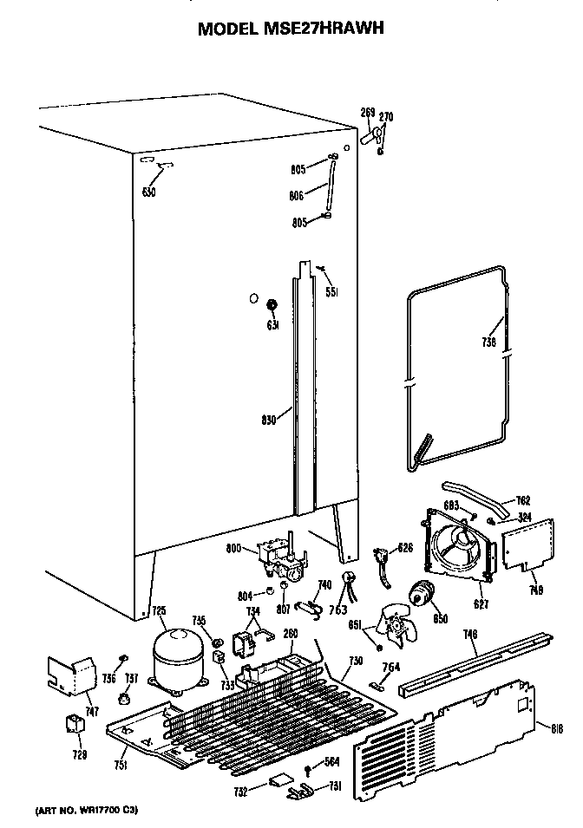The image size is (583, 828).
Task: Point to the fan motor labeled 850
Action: coord(424,595)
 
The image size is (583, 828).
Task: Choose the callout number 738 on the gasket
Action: coord(488,342)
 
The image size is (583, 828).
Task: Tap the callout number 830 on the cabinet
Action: coord(269,420)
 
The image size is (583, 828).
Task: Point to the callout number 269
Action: coord(367,113)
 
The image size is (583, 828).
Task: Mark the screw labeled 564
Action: coord(308,770)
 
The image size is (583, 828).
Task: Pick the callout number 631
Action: coord(272,326)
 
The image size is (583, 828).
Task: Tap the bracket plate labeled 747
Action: coord(74,675)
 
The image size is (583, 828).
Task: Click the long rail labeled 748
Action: coord(475,663)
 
